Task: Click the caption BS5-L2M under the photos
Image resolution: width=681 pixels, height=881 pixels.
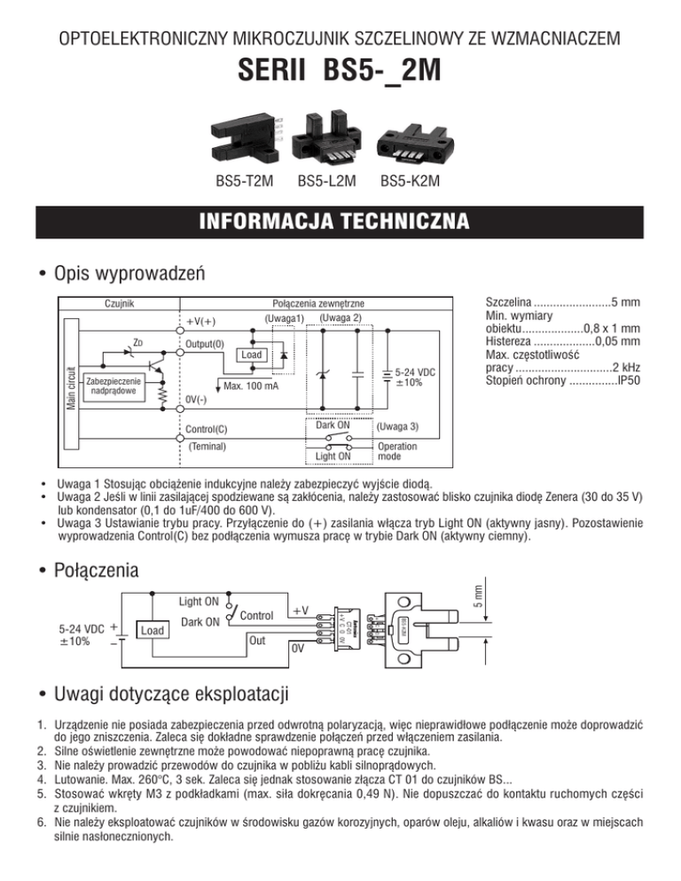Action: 326,183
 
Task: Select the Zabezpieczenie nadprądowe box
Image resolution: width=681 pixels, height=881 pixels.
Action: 113,387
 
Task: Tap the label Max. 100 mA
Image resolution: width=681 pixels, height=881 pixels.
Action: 252,386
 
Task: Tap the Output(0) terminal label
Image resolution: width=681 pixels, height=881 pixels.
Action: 206,343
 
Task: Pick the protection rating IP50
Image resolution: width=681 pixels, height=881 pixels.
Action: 629,381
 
